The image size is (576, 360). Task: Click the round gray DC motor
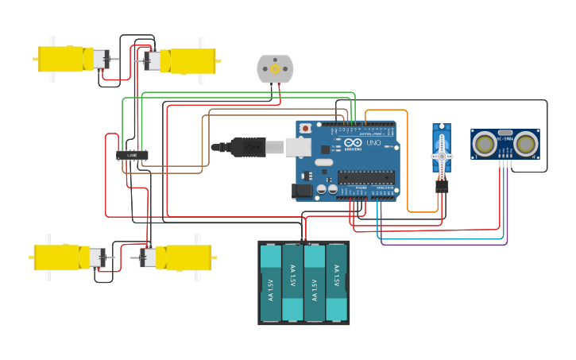[x=275, y=69]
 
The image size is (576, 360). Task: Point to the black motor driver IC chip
[x=132, y=155]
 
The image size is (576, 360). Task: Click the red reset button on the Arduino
[x=306, y=128]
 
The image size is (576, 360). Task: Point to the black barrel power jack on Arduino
[x=302, y=191]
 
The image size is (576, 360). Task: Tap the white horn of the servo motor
[x=442, y=157]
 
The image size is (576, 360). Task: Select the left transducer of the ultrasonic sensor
[x=484, y=144]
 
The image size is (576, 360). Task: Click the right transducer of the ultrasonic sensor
[x=525, y=144]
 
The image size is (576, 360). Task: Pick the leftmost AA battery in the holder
[x=271, y=283]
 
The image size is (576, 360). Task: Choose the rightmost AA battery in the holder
[x=336, y=283]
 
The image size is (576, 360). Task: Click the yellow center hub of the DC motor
[x=275, y=69]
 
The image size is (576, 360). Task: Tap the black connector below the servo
[x=442, y=186]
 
